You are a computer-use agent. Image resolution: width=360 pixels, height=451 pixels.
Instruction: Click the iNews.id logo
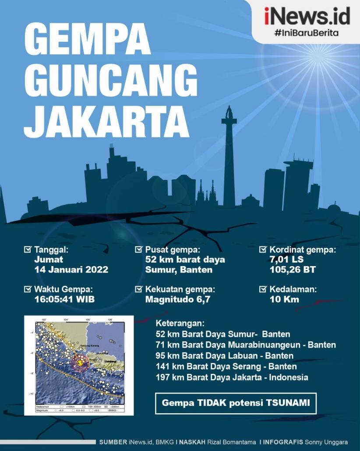coord(307,16)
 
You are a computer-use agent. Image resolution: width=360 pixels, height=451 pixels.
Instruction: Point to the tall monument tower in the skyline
coord(229,158)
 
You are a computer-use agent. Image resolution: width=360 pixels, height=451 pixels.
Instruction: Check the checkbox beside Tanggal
coord(28,250)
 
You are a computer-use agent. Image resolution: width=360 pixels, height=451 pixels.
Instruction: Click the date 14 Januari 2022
coord(71,270)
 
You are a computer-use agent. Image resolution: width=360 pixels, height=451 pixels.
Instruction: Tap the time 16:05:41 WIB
coord(64,299)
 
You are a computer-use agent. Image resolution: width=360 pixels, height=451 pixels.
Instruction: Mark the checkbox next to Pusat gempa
coord(138,250)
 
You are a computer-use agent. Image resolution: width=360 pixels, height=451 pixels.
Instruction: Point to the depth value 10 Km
coord(285,299)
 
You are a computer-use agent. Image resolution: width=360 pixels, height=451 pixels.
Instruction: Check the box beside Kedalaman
coord(263,289)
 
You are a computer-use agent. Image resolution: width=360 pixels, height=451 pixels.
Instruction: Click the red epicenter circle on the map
coord(80,363)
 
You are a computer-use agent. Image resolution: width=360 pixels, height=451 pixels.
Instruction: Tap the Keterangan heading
coord(180,323)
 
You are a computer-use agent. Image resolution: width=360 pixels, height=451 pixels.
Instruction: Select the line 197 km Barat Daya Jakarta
coord(232,377)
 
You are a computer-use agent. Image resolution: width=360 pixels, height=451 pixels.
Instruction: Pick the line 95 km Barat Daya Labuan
coord(224,355)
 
